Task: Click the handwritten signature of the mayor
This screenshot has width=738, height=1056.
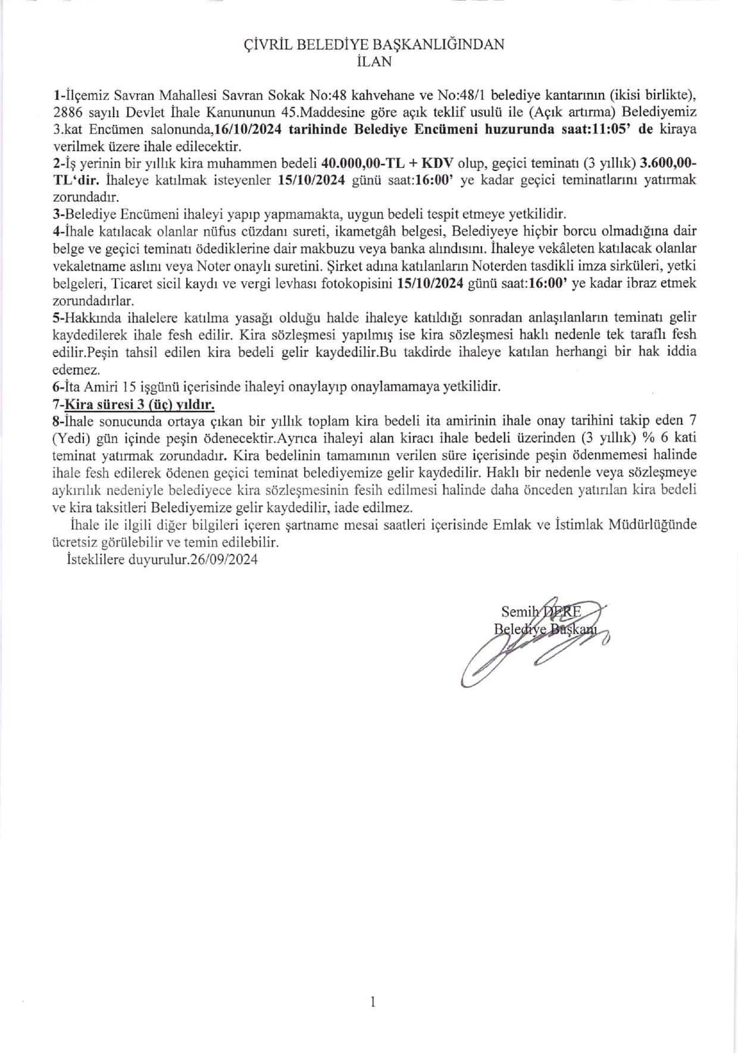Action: click(524, 646)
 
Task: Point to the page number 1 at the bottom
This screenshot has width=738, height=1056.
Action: click(373, 1002)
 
